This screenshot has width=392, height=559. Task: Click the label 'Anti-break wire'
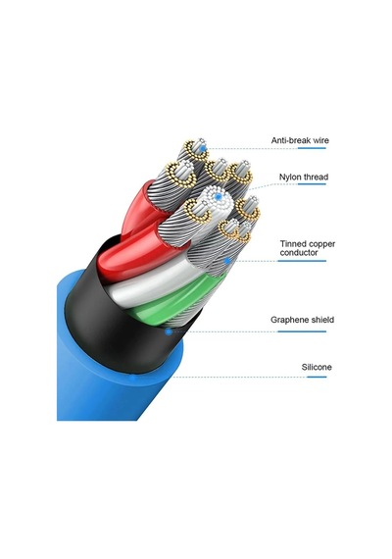[300, 140]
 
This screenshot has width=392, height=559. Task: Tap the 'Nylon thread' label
[304, 178]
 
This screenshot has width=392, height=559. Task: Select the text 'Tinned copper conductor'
[307, 248]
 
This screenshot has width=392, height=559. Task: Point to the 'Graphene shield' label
[302, 320]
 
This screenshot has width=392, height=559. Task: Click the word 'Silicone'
[317, 367]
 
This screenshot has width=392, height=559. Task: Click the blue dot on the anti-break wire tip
[203, 148]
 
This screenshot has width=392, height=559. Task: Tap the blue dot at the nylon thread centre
[219, 196]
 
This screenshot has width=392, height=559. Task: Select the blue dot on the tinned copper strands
[227, 261]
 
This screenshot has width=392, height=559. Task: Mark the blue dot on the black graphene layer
[169, 331]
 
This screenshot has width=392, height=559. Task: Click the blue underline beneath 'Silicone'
[317, 377]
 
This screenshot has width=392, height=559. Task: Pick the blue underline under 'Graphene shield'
[302, 331]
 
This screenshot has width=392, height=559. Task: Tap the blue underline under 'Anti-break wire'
[312, 148]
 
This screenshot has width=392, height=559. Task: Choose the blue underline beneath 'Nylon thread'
[312, 184]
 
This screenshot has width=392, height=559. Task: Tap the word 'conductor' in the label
[299, 253]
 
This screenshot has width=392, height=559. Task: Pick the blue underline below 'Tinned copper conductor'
[302, 261]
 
